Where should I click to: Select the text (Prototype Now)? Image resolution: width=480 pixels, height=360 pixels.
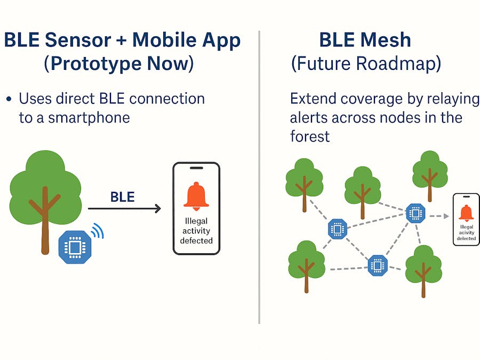pyautogui.click(x=118, y=64)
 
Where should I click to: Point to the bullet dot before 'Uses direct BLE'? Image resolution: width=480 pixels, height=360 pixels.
pyautogui.click(x=9, y=100)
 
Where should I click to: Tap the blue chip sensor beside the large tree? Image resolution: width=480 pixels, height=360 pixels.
pyautogui.click(x=74, y=247)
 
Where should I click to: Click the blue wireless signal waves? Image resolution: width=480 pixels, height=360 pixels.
pyautogui.click(x=97, y=230)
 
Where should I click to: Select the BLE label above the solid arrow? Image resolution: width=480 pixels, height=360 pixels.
pyautogui.click(x=122, y=197)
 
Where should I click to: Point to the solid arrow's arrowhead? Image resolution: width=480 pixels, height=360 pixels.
pyautogui.click(x=158, y=209)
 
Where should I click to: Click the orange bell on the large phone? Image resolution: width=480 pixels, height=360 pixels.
pyautogui.click(x=196, y=196)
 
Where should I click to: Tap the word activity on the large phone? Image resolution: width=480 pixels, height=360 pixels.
pyautogui.click(x=196, y=230)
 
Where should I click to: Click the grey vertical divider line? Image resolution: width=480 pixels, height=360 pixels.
pyautogui.click(x=259, y=176)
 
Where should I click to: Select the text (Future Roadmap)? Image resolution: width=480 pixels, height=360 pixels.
pyautogui.click(x=366, y=64)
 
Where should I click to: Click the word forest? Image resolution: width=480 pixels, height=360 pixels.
pyautogui.click(x=310, y=136)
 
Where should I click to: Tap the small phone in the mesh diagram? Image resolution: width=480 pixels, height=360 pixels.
pyautogui.click(x=466, y=219)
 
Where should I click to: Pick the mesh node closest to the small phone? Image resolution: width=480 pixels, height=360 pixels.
pyautogui.click(x=414, y=213)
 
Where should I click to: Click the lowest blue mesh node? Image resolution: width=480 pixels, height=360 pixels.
pyautogui.click(x=378, y=265)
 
